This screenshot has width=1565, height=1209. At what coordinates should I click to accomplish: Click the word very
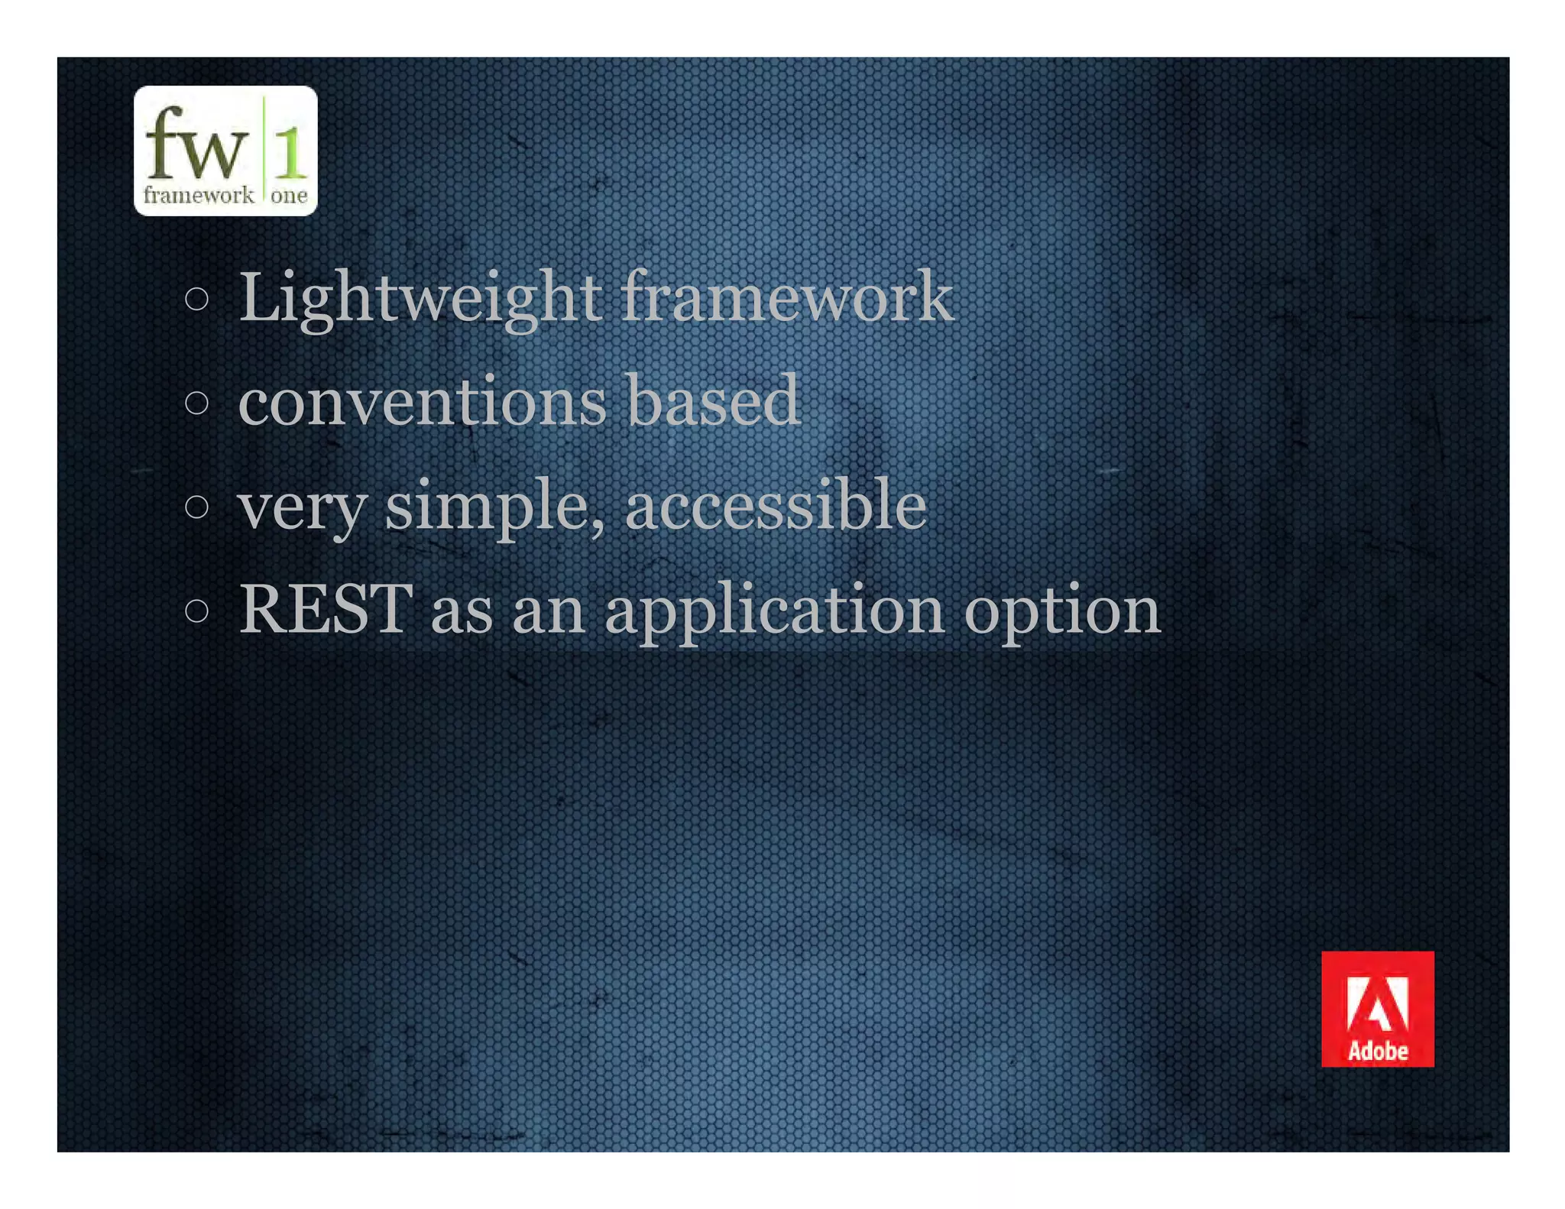303,507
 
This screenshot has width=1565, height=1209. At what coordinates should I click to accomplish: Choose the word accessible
776,507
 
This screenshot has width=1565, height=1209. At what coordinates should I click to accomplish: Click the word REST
326,610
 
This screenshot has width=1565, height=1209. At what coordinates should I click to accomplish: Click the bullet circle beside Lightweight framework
197,299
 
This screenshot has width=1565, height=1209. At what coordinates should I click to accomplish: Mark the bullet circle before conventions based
197,403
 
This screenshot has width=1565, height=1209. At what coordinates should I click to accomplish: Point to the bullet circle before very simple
197,507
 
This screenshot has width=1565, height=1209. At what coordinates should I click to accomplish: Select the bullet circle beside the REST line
197,611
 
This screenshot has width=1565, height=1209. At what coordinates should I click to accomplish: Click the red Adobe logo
1377,1008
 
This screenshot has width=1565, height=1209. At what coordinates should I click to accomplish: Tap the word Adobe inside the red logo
1378,1052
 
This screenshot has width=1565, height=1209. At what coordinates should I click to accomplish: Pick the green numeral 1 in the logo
290,151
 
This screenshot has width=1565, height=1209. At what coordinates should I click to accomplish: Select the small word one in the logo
289,196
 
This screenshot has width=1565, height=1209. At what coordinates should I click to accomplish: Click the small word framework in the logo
199,196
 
